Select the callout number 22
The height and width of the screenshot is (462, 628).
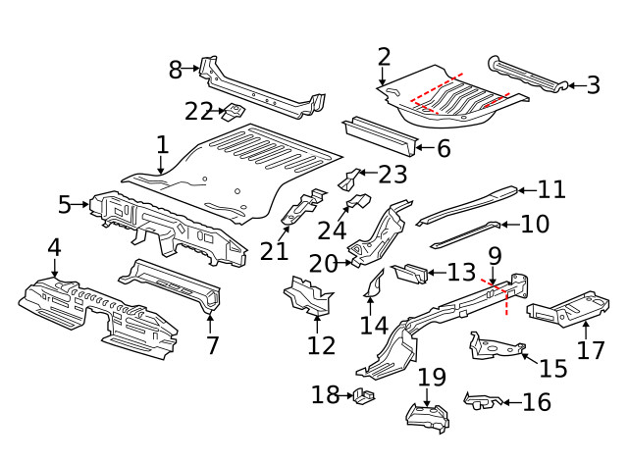[199, 111]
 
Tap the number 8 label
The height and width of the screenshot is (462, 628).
[176, 69]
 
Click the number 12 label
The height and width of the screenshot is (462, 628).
[321, 344]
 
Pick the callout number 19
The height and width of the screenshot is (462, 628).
[432, 378]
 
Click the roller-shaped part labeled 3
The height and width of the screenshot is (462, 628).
[528, 75]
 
